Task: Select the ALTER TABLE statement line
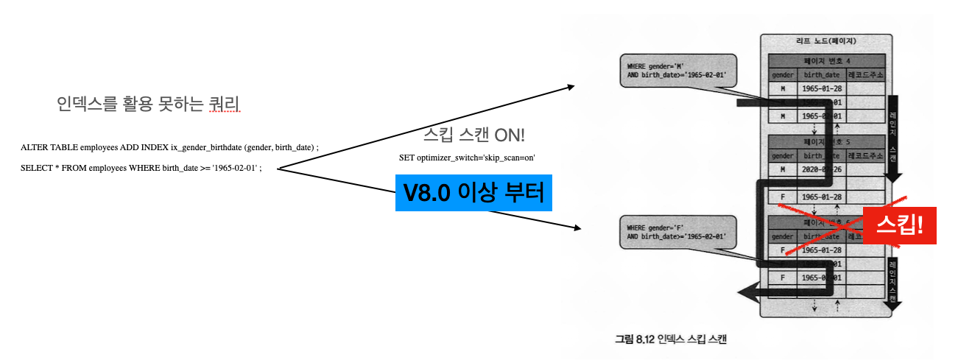click(169, 147)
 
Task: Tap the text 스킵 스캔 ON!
click(474, 135)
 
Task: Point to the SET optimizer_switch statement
click(467, 158)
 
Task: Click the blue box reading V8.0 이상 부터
click(473, 193)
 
